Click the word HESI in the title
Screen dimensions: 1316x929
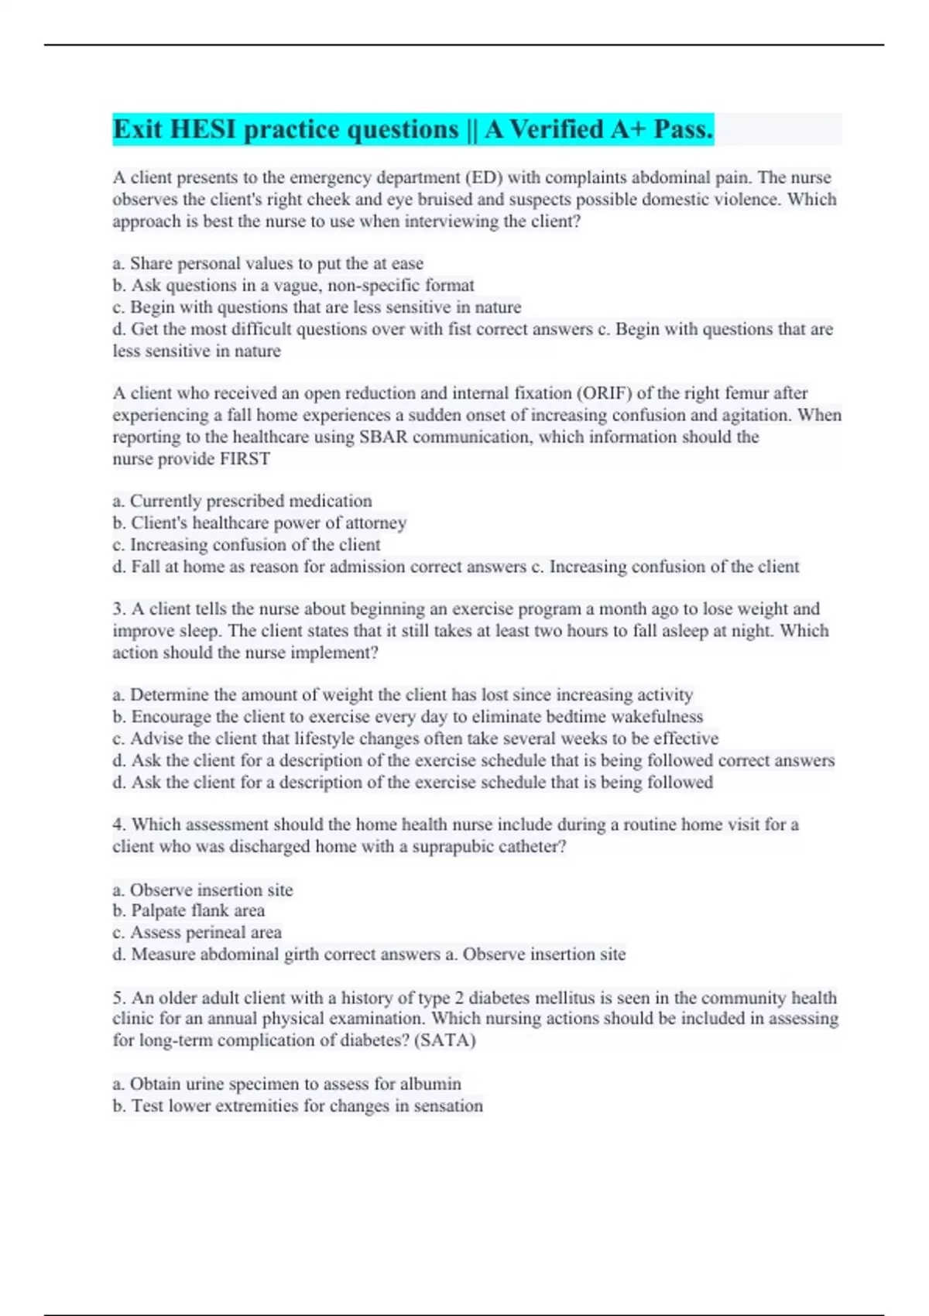[202, 129]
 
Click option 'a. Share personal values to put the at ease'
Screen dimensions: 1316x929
[268, 263]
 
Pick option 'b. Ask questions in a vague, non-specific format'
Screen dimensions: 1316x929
[293, 285]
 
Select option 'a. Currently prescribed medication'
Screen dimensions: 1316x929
[242, 501]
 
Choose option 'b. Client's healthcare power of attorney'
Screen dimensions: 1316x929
[259, 523]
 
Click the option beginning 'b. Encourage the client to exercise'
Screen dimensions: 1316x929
[408, 716]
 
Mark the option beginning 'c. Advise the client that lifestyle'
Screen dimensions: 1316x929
[416, 738]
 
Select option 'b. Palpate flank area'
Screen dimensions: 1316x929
[189, 910]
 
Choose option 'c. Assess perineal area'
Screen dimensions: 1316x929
[197, 932]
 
